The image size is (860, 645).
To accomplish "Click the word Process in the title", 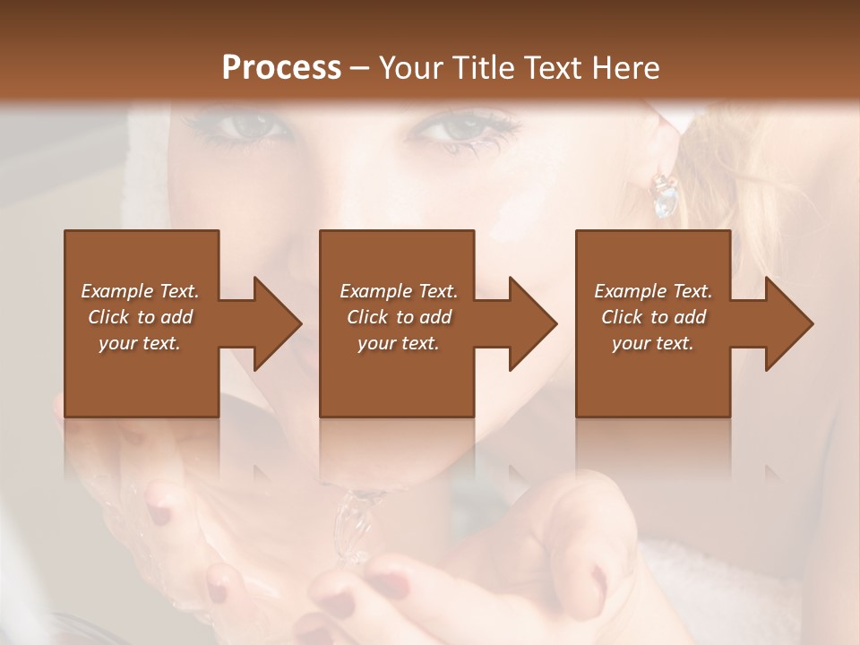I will [281, 68].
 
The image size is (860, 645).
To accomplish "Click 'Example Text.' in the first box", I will [140, 291].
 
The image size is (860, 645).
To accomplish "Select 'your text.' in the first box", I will [140, 343].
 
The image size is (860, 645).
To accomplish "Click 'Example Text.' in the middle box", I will [399, 291].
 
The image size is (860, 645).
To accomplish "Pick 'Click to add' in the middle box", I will [399, 317].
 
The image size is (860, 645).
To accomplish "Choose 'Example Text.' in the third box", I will [653, 291].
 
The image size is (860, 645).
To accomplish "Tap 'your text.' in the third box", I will [653, 343].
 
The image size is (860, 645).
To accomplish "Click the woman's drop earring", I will [666, 195].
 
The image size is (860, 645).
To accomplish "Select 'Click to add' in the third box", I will [653, 317].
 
